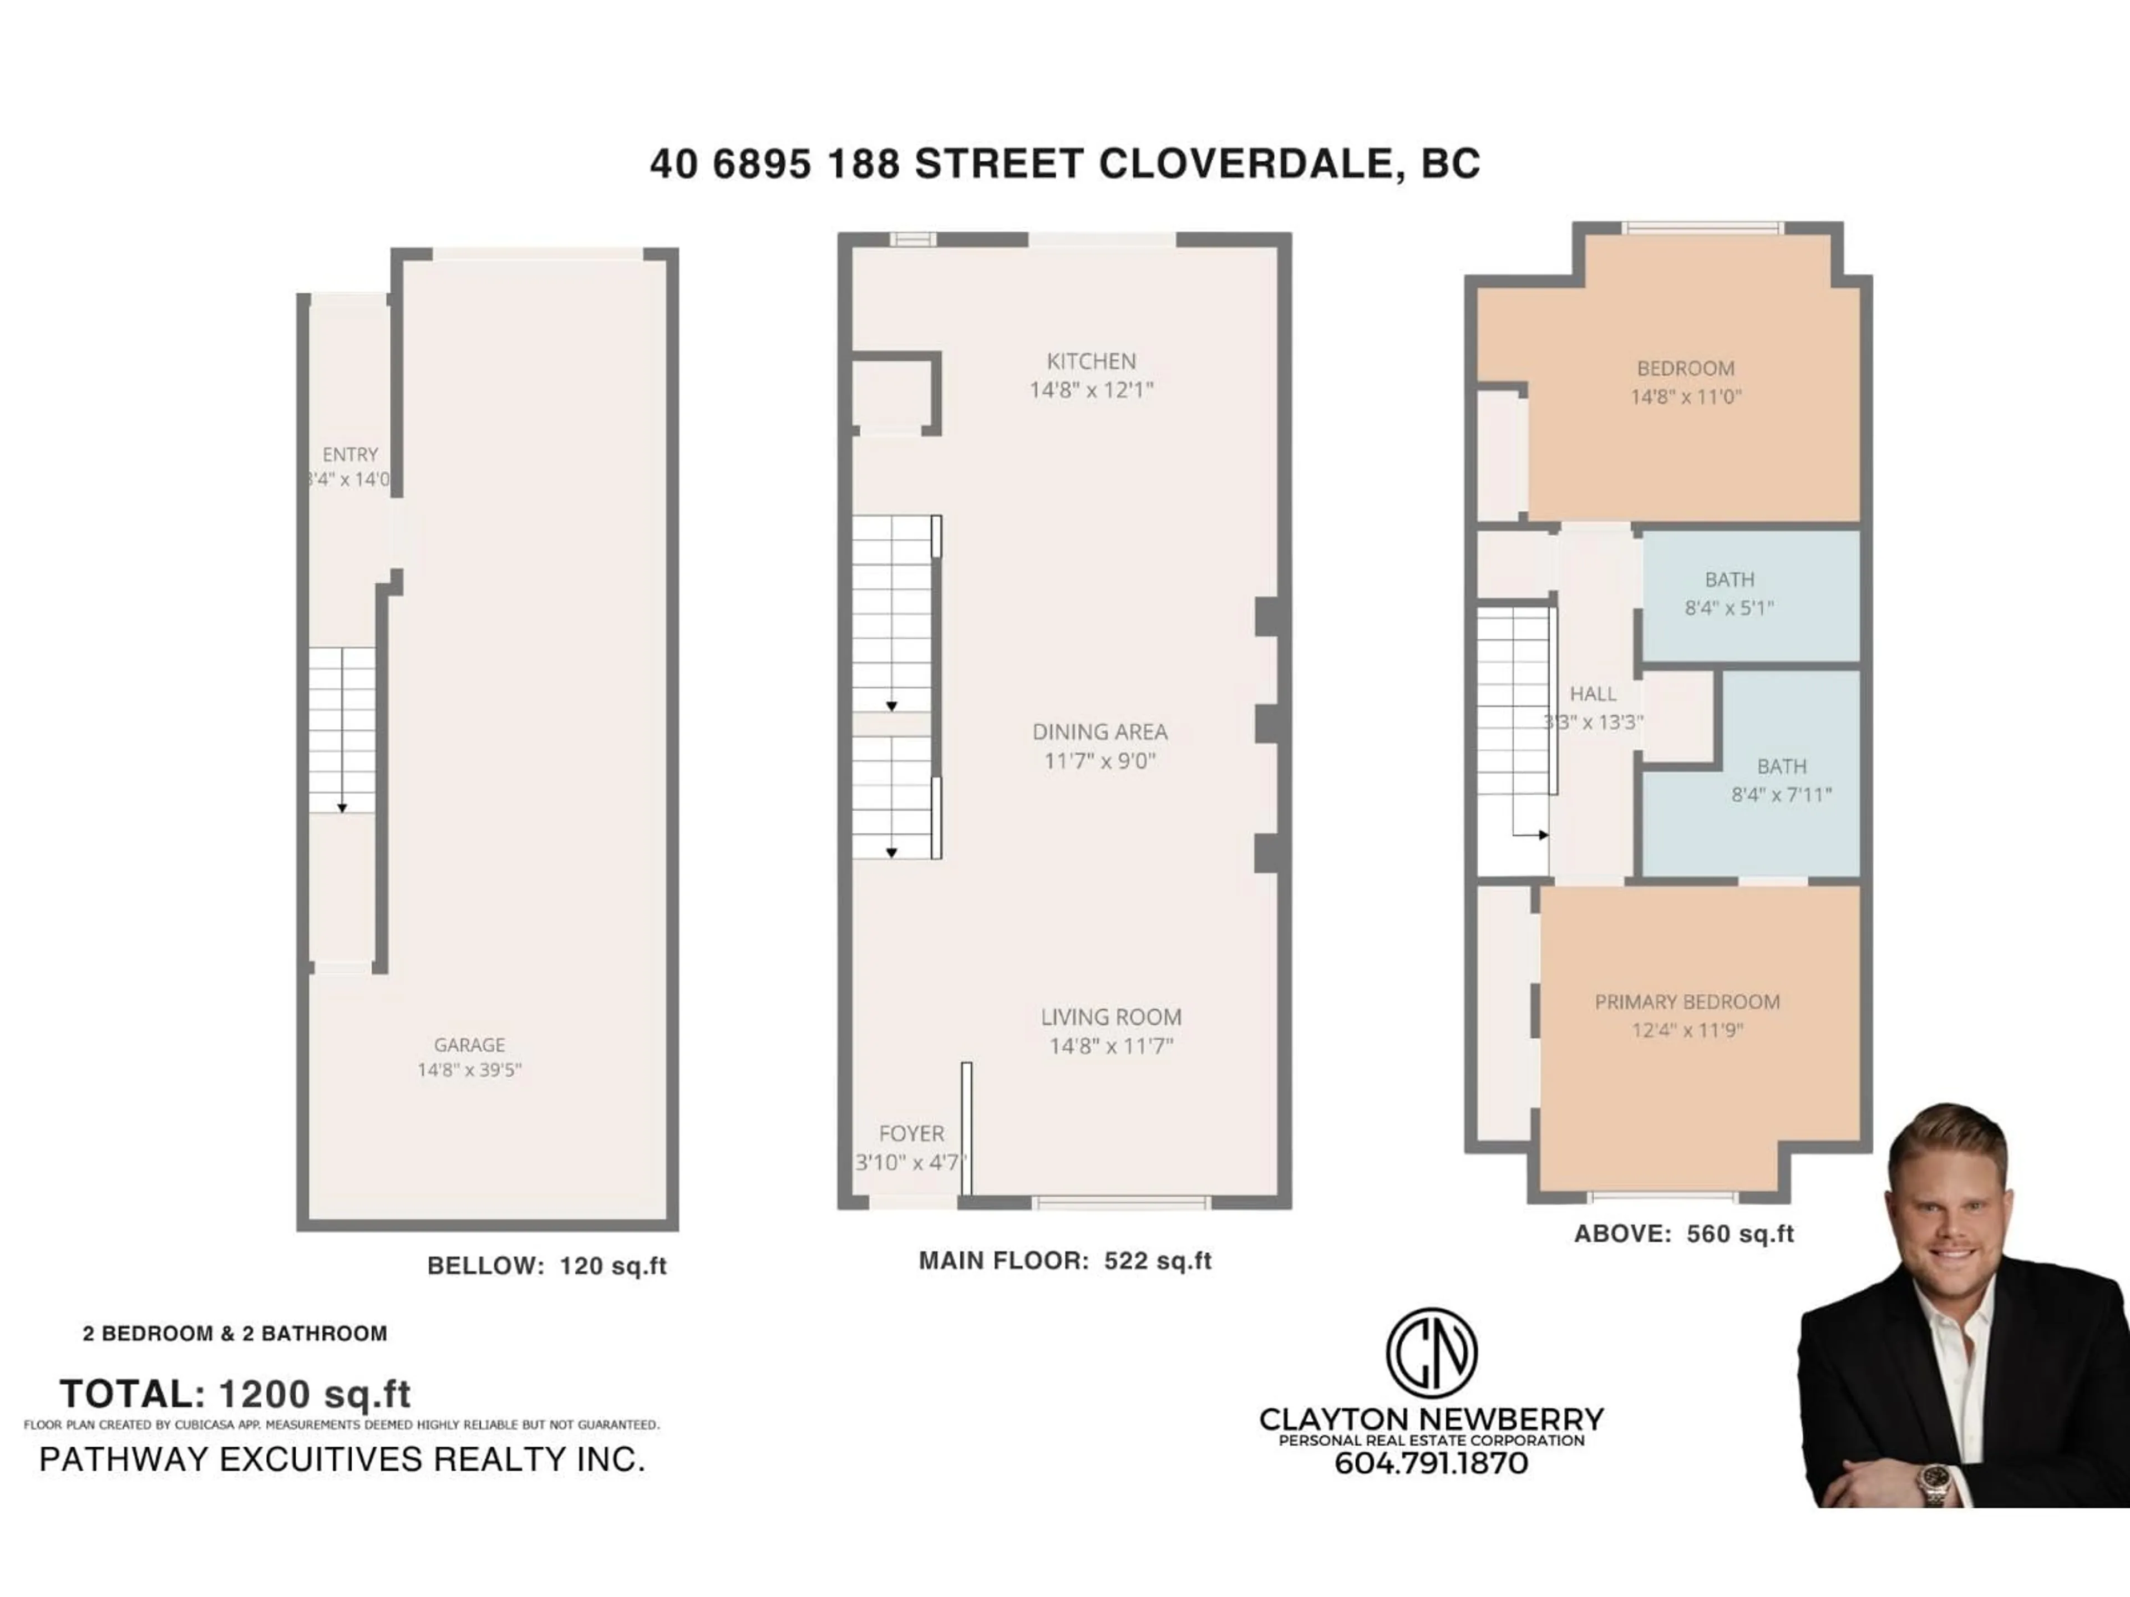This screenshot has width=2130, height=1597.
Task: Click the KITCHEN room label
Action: tap(1091, 361)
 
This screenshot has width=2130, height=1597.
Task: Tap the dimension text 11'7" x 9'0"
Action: tap(1099, 760)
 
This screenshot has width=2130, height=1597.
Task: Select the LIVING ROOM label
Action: tap(1110, 1016)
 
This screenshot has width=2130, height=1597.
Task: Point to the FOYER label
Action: tap(911, 1133)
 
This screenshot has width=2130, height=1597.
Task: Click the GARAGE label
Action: tap(469, 1045)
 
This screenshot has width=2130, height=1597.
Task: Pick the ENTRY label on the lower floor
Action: tap(349, 454)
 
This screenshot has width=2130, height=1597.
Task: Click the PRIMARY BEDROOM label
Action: tap(1687, 1001)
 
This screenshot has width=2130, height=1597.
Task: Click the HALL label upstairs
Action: tap(1593, 693)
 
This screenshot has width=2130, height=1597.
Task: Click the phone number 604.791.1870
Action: tap(1431, 1463)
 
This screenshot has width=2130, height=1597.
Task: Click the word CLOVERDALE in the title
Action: tap(1245, 164)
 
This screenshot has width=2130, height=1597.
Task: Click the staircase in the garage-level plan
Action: tap(342, 730)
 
